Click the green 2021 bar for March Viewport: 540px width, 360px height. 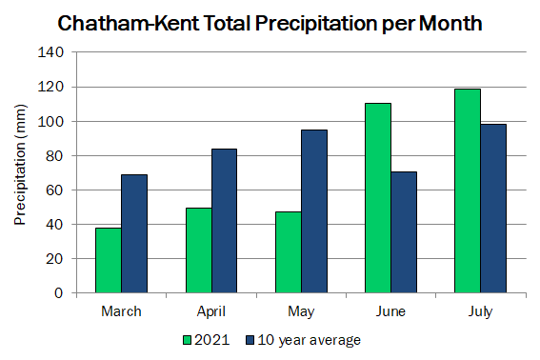[109, 260]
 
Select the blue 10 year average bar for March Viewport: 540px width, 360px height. [134, 234]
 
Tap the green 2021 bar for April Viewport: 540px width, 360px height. [199, 250]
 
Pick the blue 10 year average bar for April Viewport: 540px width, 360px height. [224, 221]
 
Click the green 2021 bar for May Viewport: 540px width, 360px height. [289, 252]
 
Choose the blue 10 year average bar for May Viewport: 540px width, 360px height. [314, 211]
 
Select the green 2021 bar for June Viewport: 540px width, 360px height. [378, 198]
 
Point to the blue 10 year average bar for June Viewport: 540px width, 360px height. [404, 232]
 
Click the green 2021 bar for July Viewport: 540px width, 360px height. [468, 190]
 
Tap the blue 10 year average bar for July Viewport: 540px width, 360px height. [493, 209]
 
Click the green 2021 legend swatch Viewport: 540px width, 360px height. [187, 340]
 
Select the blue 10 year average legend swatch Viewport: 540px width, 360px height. [250, 340]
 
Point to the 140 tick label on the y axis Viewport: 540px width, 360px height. [50, 52]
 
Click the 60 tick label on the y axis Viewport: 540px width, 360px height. [54, 190]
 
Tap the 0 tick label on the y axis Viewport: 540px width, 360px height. [59, 292]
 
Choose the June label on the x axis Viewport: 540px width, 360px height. [390, 311]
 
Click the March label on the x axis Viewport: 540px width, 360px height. [121, 311]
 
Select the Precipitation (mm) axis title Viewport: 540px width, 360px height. [20, 165]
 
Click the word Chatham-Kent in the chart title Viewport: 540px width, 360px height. [129, 24]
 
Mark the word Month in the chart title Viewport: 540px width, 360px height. [450, 24]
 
